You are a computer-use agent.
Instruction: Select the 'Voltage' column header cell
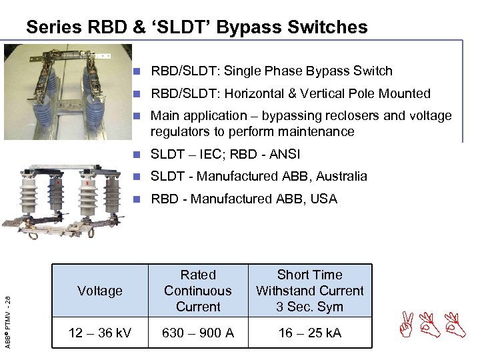pos(100,291)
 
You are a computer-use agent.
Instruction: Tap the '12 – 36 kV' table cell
pos(100,333)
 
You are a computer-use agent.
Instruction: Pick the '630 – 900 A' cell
pos(198,333)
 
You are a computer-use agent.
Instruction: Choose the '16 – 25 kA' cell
pos(309,333)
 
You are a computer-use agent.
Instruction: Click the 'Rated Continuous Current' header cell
pos(198,291)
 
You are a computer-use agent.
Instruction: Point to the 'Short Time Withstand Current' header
pos(309,291)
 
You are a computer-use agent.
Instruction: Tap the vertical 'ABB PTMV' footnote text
pos(7,314)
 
